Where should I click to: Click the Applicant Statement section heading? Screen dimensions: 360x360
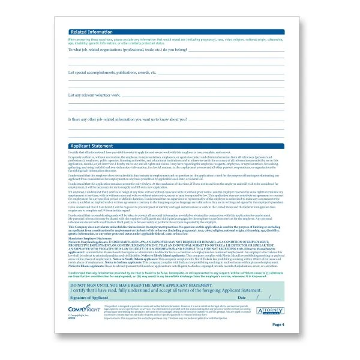tap(91, 145)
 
